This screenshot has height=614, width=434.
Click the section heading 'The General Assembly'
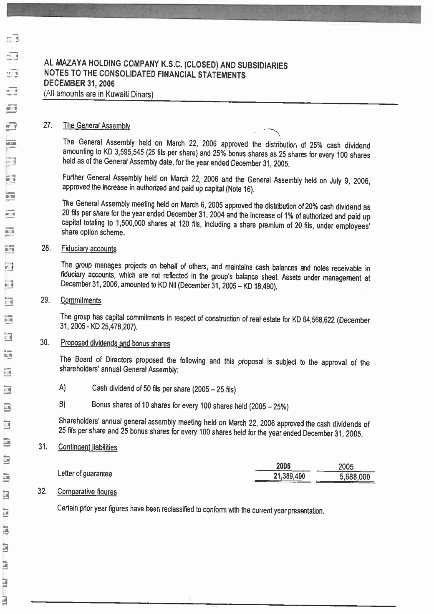[96, 125]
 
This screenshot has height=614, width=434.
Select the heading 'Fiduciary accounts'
[88, 249]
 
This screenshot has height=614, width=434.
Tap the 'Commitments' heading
[81, 301]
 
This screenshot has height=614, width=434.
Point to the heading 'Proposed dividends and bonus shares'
[115, 343]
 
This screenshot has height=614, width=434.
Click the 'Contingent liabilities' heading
[88, 447]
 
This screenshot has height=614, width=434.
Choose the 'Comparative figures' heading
[87, 492]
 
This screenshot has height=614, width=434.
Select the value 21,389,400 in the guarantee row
[286, 476]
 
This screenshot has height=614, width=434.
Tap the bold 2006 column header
[283, 466]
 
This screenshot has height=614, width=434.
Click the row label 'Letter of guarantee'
[85, 474]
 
